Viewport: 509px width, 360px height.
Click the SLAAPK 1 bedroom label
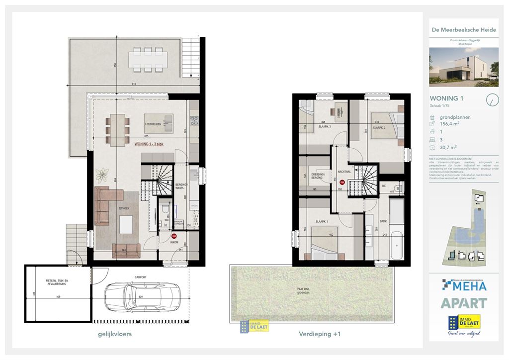(x=322, y=221)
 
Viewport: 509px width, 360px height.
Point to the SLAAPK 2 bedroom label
(x=379, y=128)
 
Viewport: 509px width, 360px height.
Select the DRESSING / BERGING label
(x=318, y=176)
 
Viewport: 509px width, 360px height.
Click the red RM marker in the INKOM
(x=173, y=237)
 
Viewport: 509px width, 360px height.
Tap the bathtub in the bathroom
(x=397, y=246)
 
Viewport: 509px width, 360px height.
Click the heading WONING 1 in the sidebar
(x=446, y=98)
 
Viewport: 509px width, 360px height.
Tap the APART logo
(x=463, y=303)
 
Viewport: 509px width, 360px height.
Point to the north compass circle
(x=492, y=99)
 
